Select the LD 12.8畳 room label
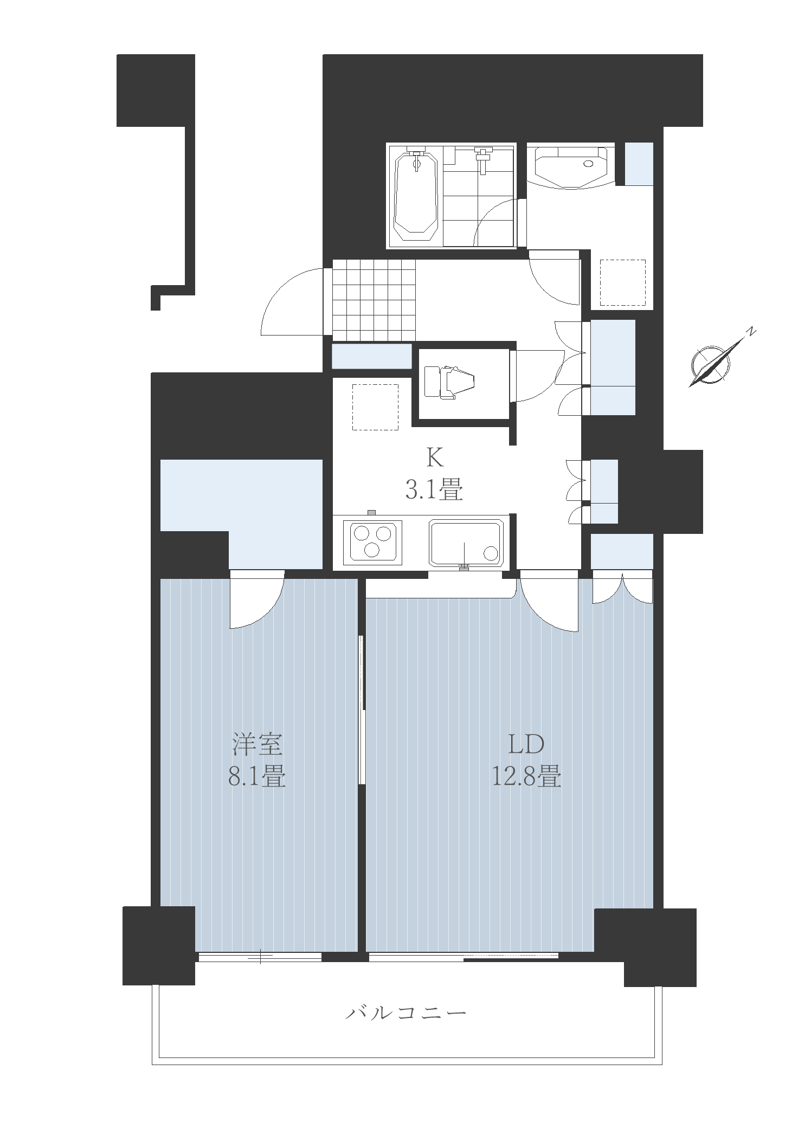(x=526, y=761)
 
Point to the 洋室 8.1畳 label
(x=257, y=761)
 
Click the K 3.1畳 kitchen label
(x=434, y=475)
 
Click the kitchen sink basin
(x=467, y=542)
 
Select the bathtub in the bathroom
(x=416, y=196)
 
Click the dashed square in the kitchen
(x=375, y=407)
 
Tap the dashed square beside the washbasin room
(x=623, y=282)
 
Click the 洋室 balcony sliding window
(x=260, y=957)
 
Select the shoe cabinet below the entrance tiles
(x=371, y=357)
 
